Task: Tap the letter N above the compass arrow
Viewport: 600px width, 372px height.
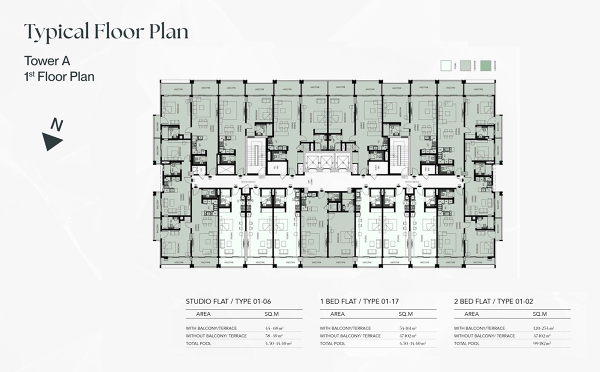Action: click(x=58, y=125)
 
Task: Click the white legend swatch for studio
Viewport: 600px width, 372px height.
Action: click(x=446, y=65)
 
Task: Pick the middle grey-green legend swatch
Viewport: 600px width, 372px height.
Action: click(x=466, y=65)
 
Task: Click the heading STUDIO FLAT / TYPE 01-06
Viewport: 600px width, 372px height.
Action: click(x=228, y=301)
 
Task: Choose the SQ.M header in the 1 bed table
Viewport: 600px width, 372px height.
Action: click(x=405, y=314)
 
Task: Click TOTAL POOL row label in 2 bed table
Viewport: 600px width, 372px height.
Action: click(x=466, y=343)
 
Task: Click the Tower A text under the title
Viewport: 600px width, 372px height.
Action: click(x=47, y=61)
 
